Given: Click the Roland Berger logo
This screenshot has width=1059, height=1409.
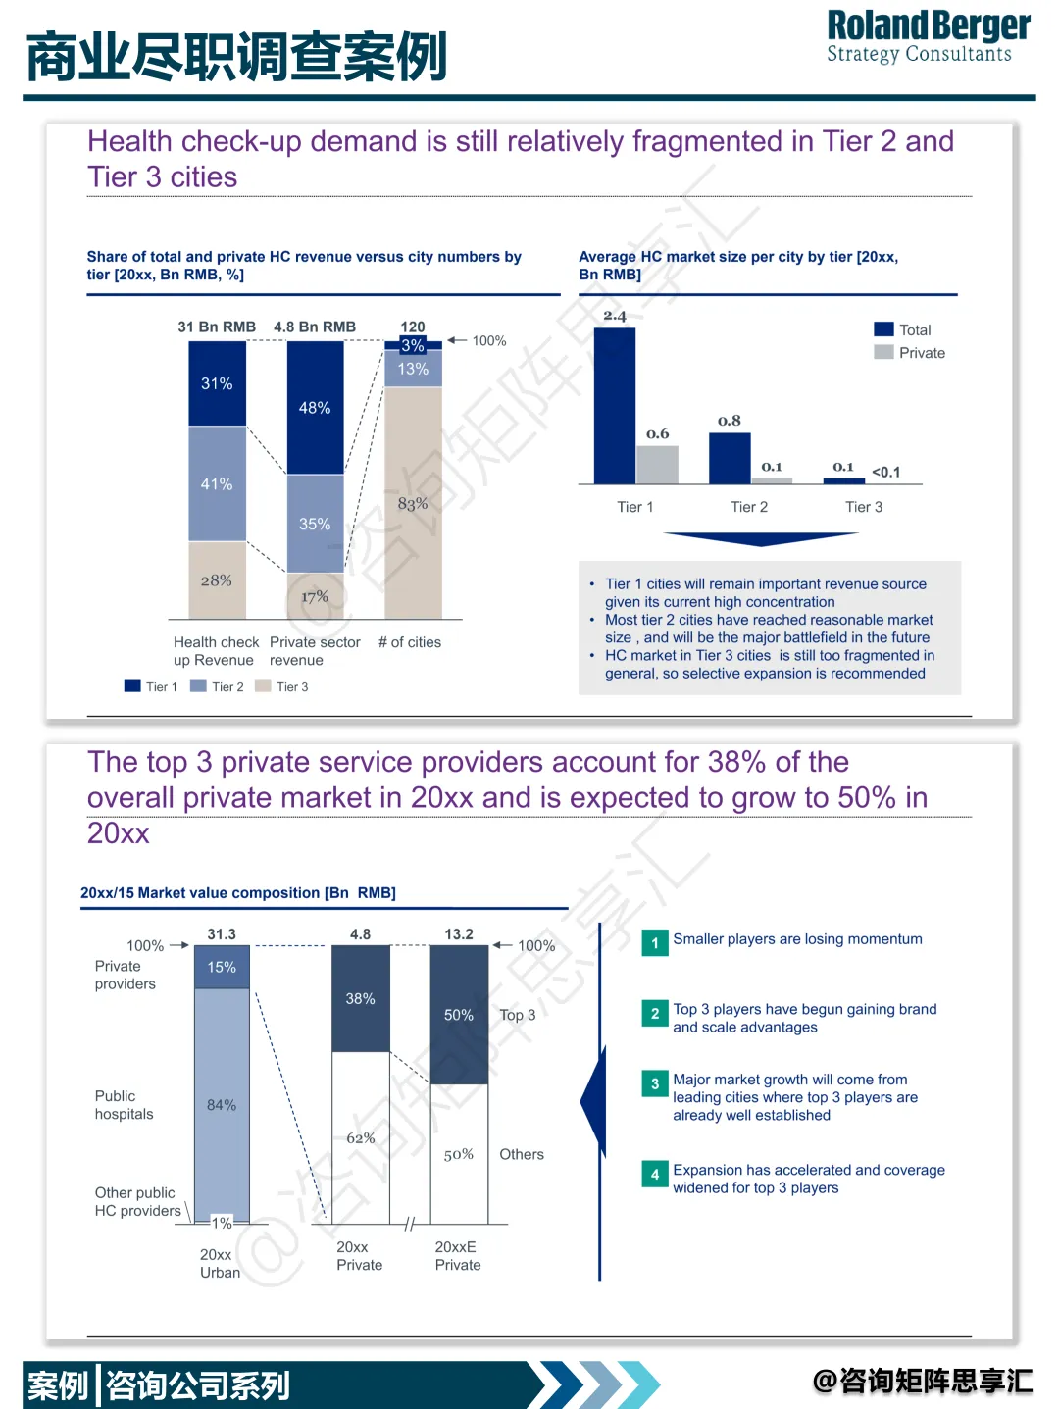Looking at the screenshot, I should [x=928, y=36].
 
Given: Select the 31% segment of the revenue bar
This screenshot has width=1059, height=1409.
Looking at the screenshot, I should [x=217, y=383].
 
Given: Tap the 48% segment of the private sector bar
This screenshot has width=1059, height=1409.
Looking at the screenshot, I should [x=315, y=407].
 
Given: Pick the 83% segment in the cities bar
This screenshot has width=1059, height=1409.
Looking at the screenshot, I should [x=413, y=503].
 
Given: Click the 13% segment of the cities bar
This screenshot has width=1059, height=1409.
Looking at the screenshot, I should [x=413, y=369].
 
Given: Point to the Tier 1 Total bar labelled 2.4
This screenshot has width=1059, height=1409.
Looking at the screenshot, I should [x=615, y=405].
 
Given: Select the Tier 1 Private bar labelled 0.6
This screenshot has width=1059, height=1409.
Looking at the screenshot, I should [x=657, y=465].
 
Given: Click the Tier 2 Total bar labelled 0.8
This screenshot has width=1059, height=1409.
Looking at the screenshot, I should [x=730, y=458].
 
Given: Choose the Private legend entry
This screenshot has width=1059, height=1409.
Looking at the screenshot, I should [x=911, y=353].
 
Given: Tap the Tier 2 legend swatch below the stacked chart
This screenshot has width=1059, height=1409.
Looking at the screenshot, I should [x=198, y=686].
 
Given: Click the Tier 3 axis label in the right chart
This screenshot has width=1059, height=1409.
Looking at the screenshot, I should [x=864, y=507].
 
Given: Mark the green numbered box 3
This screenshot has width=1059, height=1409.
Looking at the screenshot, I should [x=655, y=1083].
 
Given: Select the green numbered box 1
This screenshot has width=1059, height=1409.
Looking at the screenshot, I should [x=655, y=943].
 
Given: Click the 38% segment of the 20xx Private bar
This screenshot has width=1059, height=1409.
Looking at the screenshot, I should [x=361, y=998].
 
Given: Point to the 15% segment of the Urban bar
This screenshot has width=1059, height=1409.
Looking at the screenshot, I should [x=222, y=967].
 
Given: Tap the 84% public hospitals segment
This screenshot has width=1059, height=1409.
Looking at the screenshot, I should [x=222, y=1105].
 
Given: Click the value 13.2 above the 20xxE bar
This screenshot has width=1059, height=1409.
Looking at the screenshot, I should [x=459, y=934].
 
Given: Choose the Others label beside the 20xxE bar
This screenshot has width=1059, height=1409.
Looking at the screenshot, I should [x=522, y=1154].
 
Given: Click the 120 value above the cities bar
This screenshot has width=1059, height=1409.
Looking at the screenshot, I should [x=413, y=327].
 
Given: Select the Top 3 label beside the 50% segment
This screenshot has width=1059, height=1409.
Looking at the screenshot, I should [x=518, y=1015].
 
